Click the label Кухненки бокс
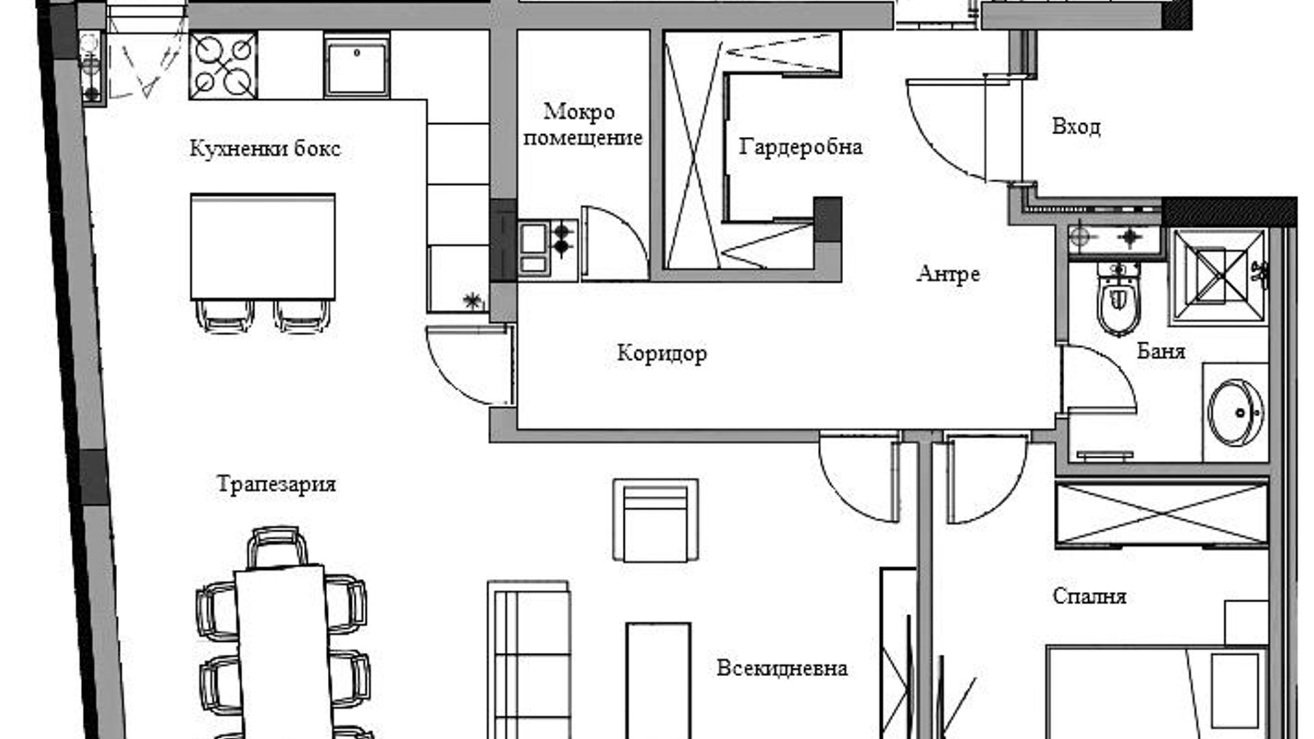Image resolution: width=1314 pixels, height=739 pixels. point(265,148)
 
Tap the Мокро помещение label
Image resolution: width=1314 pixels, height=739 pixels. point(582,124)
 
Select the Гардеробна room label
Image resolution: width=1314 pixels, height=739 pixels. point(800,147)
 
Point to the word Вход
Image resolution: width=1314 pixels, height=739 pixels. point(1076,127)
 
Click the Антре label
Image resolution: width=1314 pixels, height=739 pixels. point(948,274)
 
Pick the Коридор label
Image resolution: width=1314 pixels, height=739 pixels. point(662,353)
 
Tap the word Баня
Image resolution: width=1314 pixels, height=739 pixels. point(1161,351)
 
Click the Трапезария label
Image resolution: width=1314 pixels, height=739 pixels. point(276,484)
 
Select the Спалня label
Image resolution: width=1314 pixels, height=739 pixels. point(1090,596)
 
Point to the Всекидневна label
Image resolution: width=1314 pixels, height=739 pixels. point(782,667)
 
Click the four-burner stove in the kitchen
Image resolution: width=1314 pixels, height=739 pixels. point(223,66)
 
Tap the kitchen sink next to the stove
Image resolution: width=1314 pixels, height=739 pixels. point(357,66)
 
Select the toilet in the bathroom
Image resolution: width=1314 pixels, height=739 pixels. point(1120,300)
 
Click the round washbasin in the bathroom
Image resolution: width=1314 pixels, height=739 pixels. point(1236,412)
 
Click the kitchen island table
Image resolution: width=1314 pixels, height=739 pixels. point(263,246)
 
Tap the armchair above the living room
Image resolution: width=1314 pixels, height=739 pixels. point(656,520)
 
